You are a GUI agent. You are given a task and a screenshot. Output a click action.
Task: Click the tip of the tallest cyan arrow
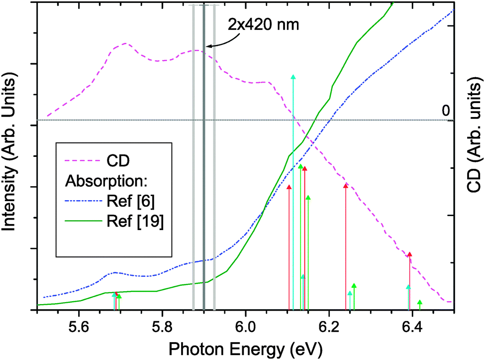tap(293, 77)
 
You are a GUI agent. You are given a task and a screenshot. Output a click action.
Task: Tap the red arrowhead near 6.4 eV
tap(409, 254)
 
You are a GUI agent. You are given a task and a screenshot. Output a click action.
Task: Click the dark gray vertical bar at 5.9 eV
tap(204, 199)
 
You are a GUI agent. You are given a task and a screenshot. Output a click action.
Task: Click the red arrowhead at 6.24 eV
tap(346, 186)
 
